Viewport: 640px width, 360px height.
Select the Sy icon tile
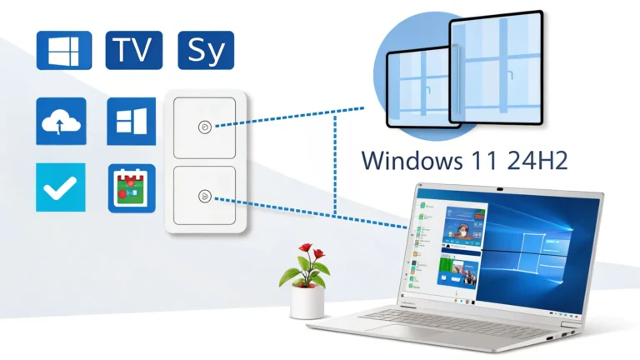[206, 50]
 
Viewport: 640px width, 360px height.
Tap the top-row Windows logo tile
[62, 50]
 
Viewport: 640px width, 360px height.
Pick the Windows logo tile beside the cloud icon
[132, 122]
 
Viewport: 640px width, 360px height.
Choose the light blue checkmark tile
[61, 187]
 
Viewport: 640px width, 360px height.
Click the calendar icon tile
[132, 188]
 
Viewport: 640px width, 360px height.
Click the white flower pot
[307, 302]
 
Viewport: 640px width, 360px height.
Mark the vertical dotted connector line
[335, 167]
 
